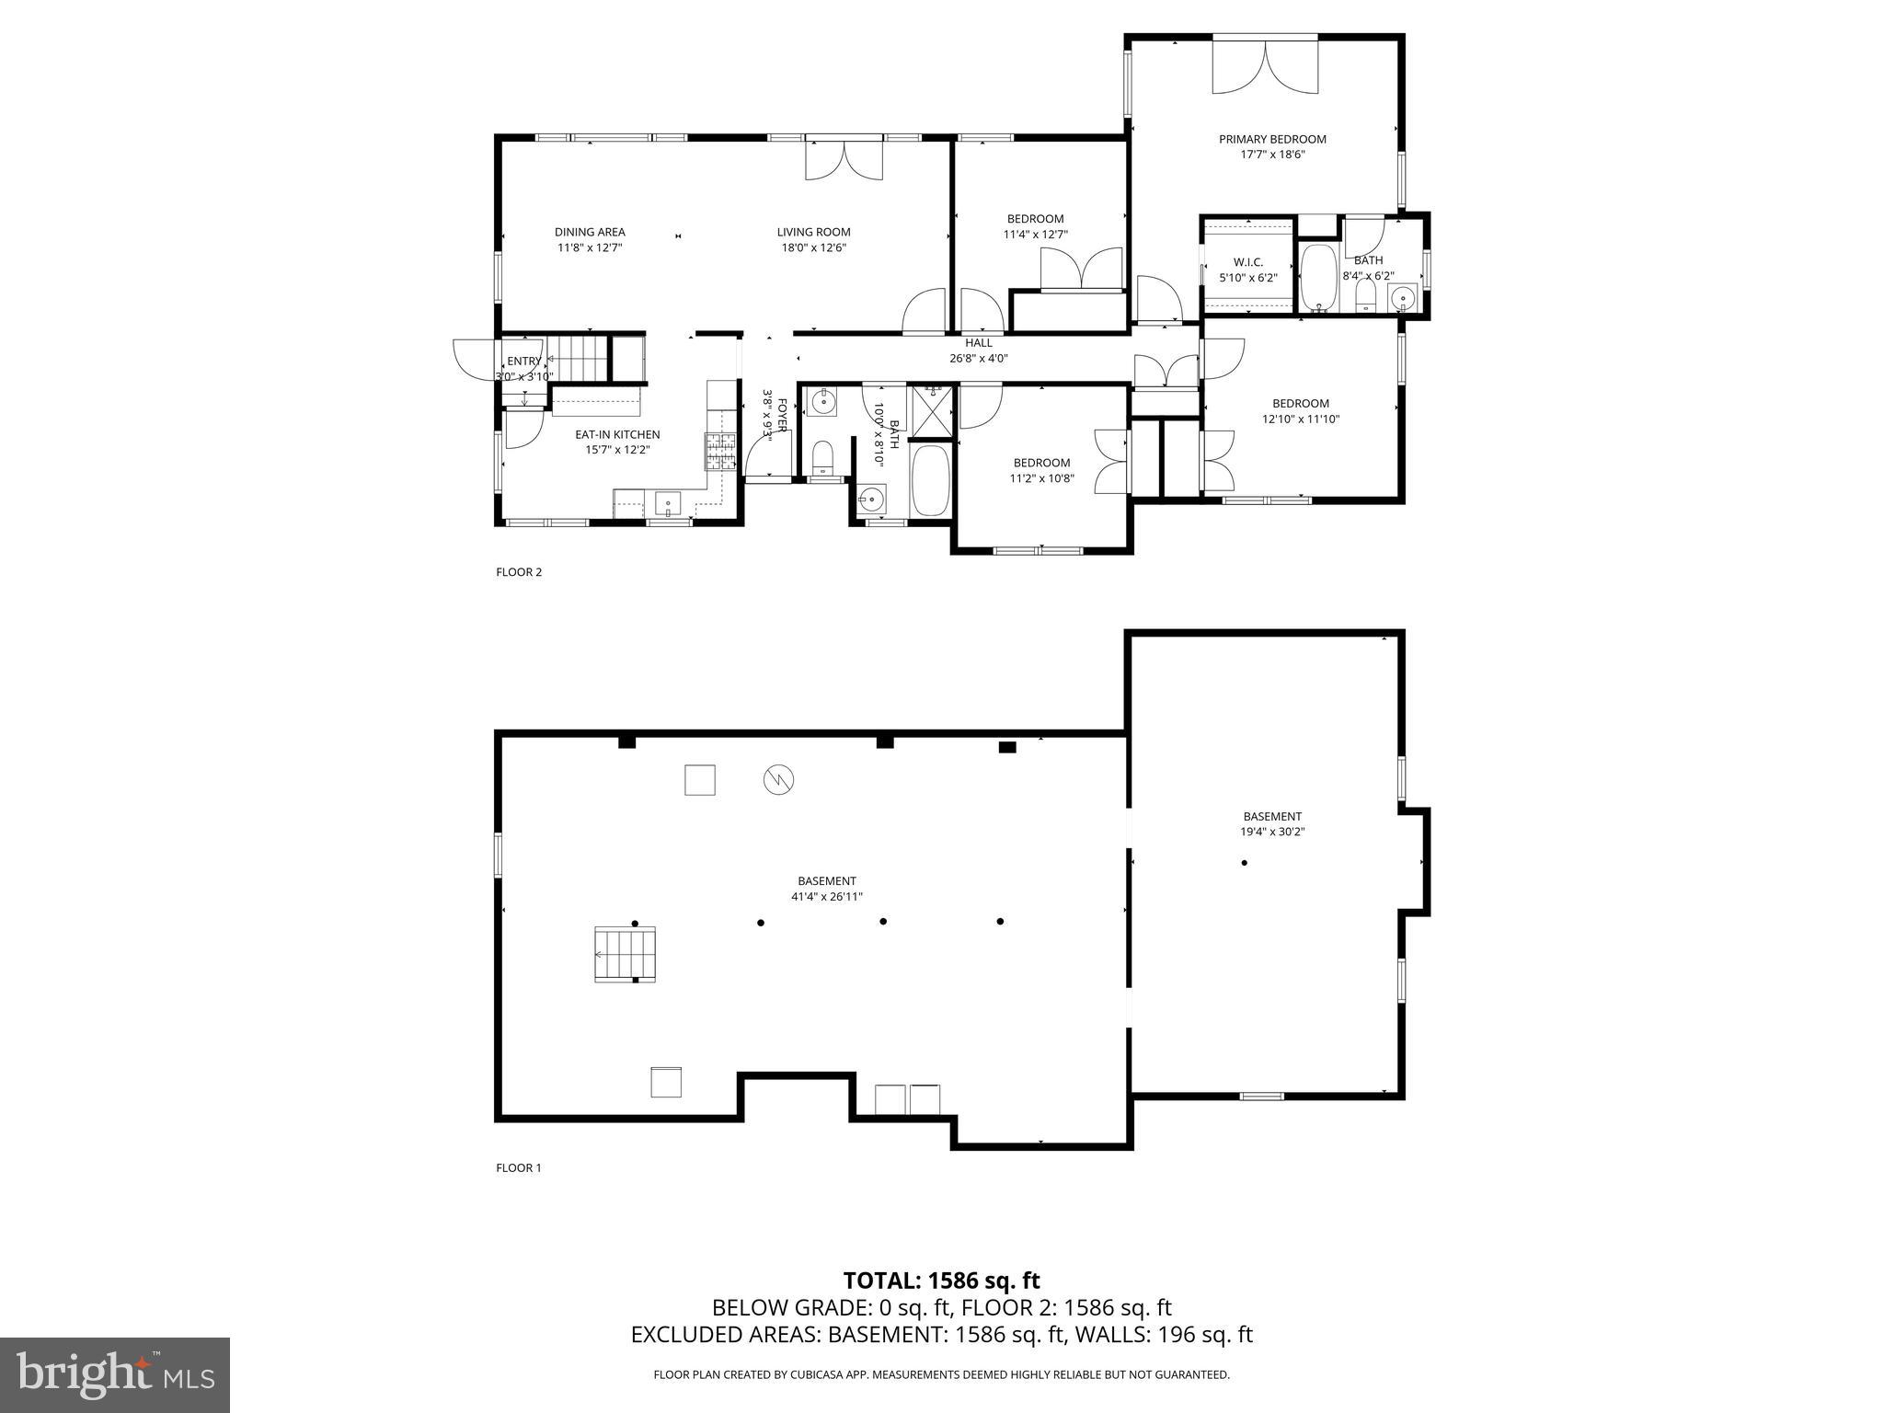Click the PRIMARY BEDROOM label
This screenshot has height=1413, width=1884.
(1272, 140)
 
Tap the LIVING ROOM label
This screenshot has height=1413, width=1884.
(813, 233)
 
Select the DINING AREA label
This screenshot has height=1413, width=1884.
(590, 233)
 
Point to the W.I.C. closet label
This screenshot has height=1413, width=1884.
(1247, 262)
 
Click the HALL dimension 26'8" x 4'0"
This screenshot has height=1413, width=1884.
(979, 359)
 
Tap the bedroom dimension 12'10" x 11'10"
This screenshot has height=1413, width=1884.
(1300, 419)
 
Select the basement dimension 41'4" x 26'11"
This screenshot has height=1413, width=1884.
(826, 897)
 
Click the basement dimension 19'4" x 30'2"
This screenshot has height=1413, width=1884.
(1272, 832)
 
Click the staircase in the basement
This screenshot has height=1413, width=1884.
(626, 955)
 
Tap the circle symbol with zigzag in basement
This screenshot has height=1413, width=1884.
(778, 780)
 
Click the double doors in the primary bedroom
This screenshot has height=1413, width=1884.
(1265, 66)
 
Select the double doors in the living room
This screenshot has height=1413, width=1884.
(844, 159)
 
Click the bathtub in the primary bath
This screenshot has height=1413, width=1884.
(1318, 279)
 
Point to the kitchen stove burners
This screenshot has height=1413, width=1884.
(721, 452)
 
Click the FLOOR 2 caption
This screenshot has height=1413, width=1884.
(519, 572)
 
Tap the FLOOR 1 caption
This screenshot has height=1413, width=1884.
(519, 1168)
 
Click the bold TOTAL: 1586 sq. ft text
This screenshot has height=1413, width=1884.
(941, 1281)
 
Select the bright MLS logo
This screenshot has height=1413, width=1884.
(115, 1374)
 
